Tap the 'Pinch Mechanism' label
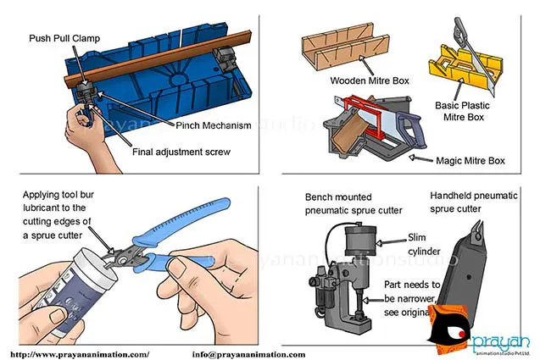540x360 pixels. (214, 125)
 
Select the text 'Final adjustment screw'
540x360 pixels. (181, 153)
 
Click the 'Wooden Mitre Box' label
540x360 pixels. (370, 82)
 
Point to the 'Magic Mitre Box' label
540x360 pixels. (470, 160)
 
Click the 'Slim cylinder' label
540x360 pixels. (426, 243)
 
